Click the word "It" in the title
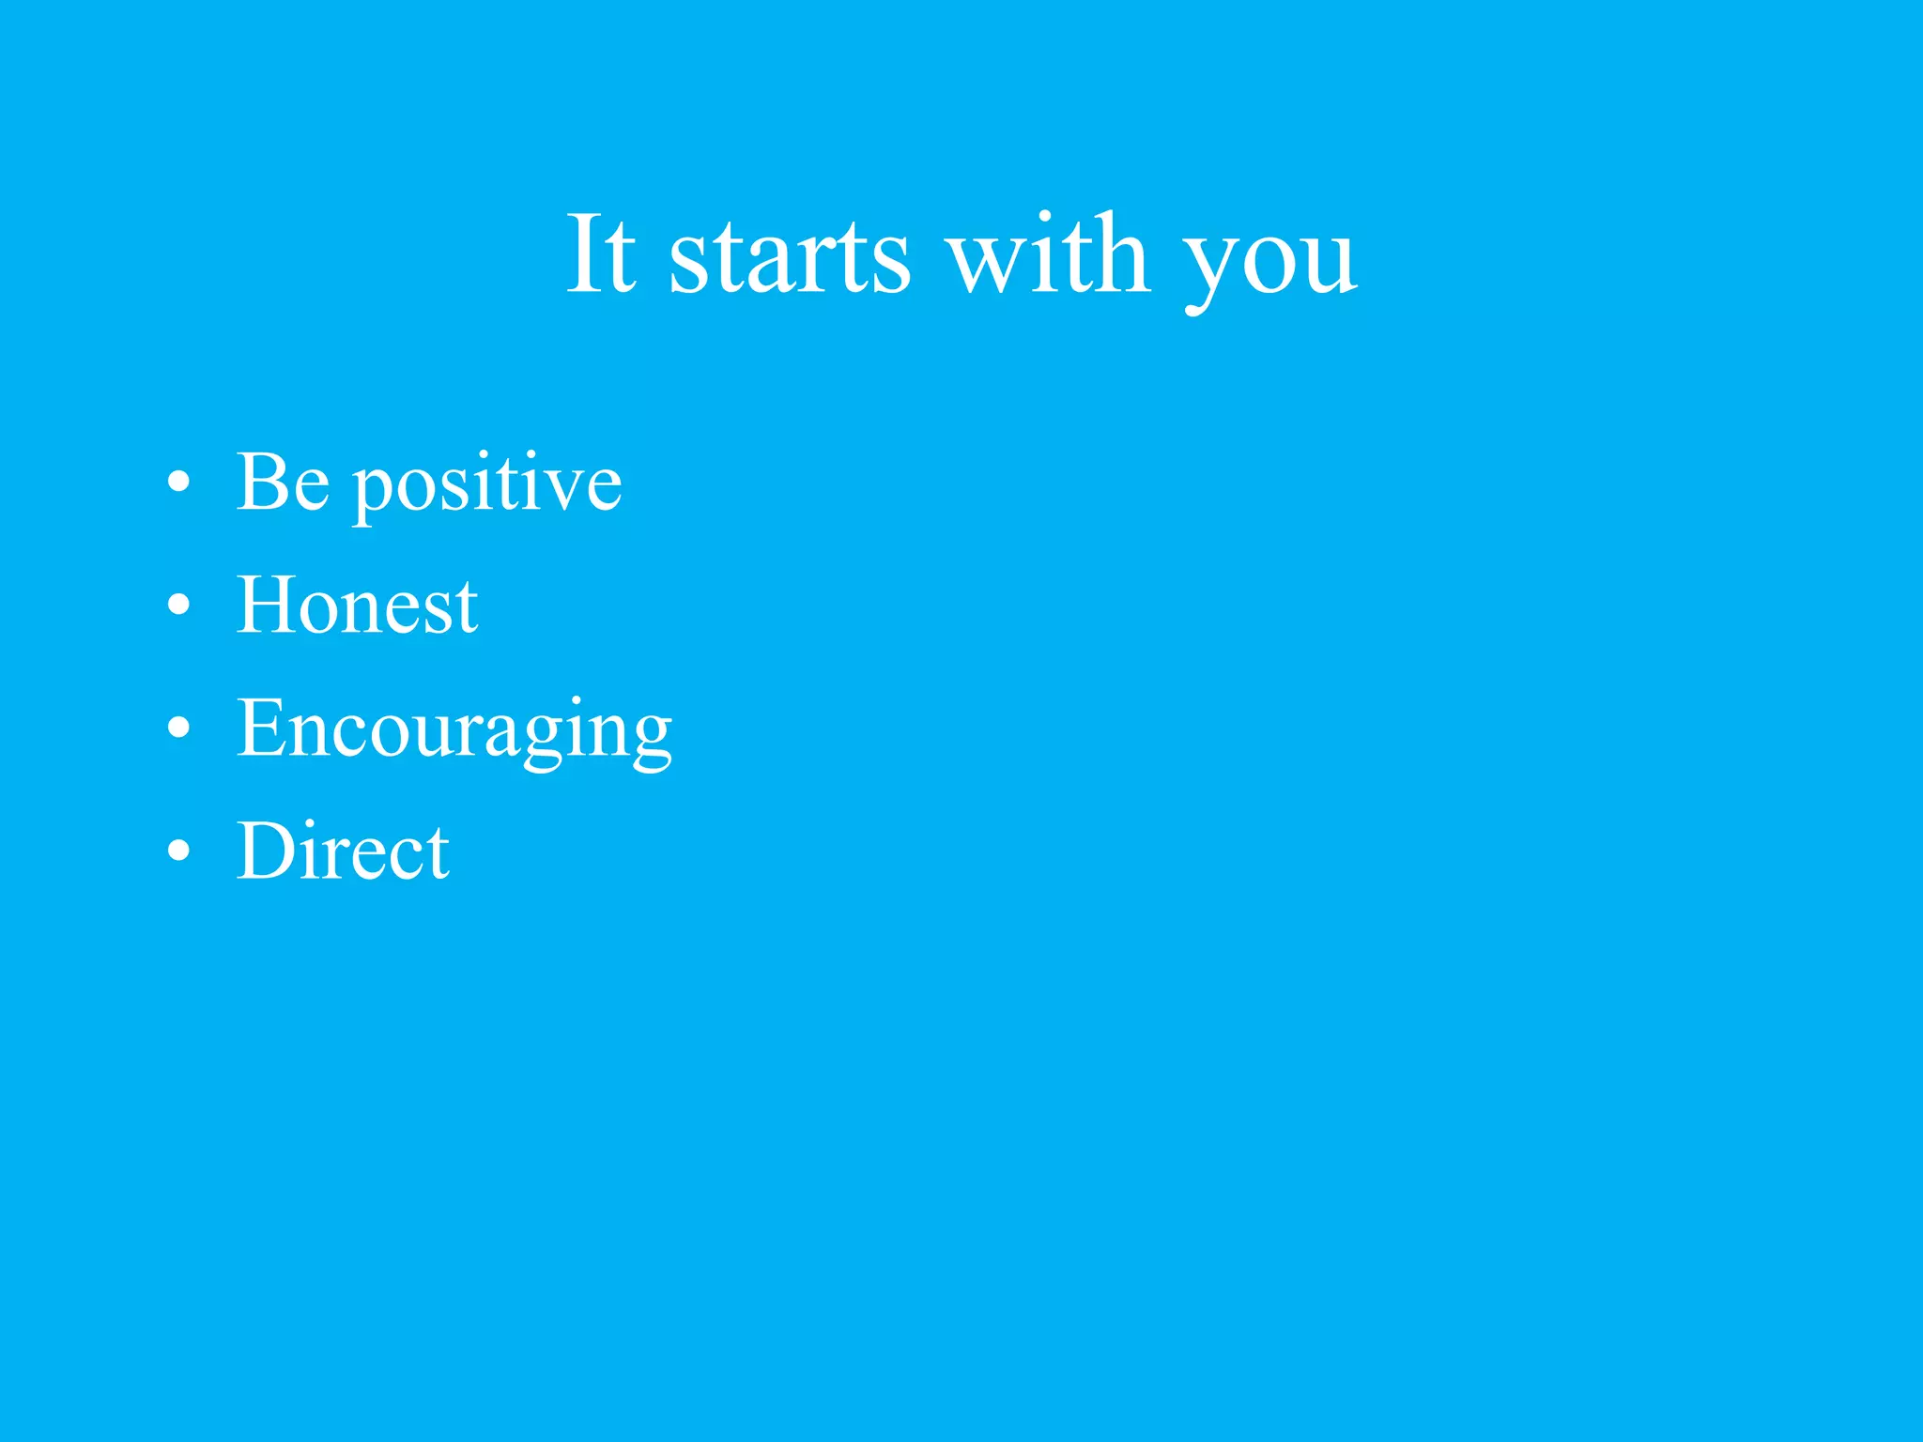(601, 253)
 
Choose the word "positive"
(487, 486)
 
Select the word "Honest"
(357, 606)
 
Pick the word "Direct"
(343, 851)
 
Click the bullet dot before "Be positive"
(178, 483)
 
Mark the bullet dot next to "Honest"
(178, 606)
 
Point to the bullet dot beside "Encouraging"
(178, 729)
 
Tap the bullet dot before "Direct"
(178, 851)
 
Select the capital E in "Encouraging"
(260, 728)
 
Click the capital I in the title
(583, 253)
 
